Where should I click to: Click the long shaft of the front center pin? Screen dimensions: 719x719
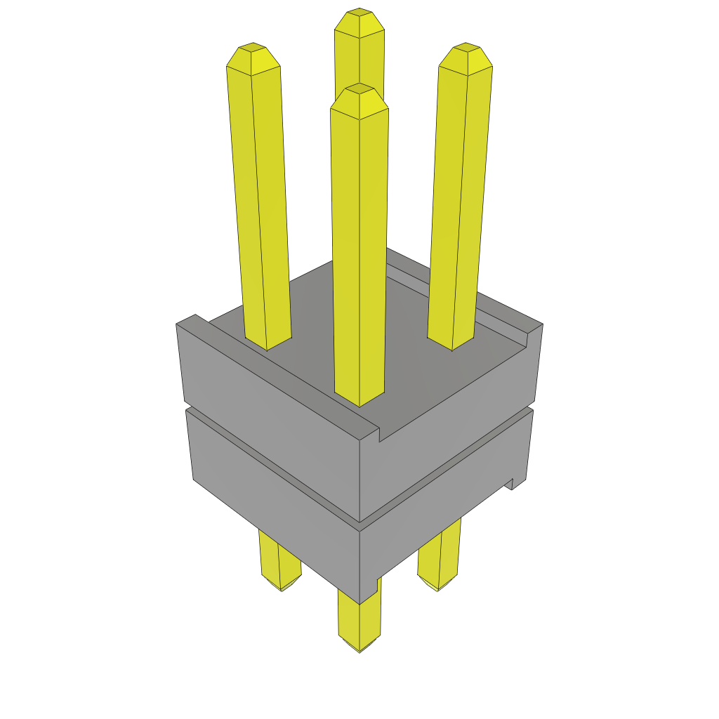coord(359,246)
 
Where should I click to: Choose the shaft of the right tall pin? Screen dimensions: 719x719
coord(459,197)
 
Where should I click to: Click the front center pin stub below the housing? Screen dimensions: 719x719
coord(359,621)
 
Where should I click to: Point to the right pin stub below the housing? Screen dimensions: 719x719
coord(440,562)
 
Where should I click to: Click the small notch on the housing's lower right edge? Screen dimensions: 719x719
coord(512,483)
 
